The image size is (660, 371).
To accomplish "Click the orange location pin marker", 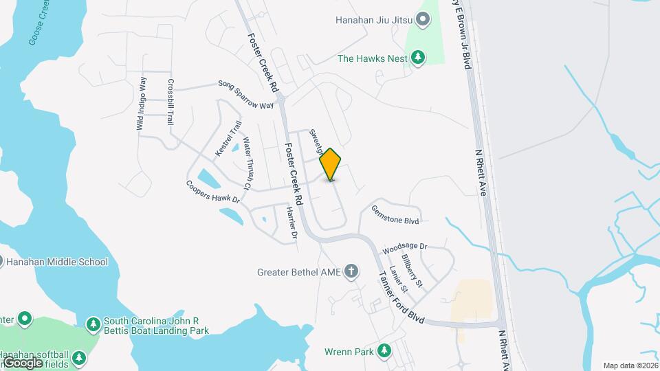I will pos(331,164).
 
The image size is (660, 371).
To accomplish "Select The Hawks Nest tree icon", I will pos(417,58).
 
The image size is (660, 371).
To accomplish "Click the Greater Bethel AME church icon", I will pos(351,271).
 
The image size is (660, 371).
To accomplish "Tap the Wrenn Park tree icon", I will pos(384,352).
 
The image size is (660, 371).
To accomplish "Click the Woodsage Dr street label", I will pos(405,246).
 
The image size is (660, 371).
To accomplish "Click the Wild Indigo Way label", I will pos(142,104).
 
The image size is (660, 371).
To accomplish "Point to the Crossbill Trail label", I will pos(170,101).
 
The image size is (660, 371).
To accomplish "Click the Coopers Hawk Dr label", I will pos(212,192).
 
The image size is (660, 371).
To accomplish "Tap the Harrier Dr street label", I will pos(290,224).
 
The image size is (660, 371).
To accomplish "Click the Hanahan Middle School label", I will pos(57,262).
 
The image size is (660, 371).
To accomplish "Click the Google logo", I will pos(22,362).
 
